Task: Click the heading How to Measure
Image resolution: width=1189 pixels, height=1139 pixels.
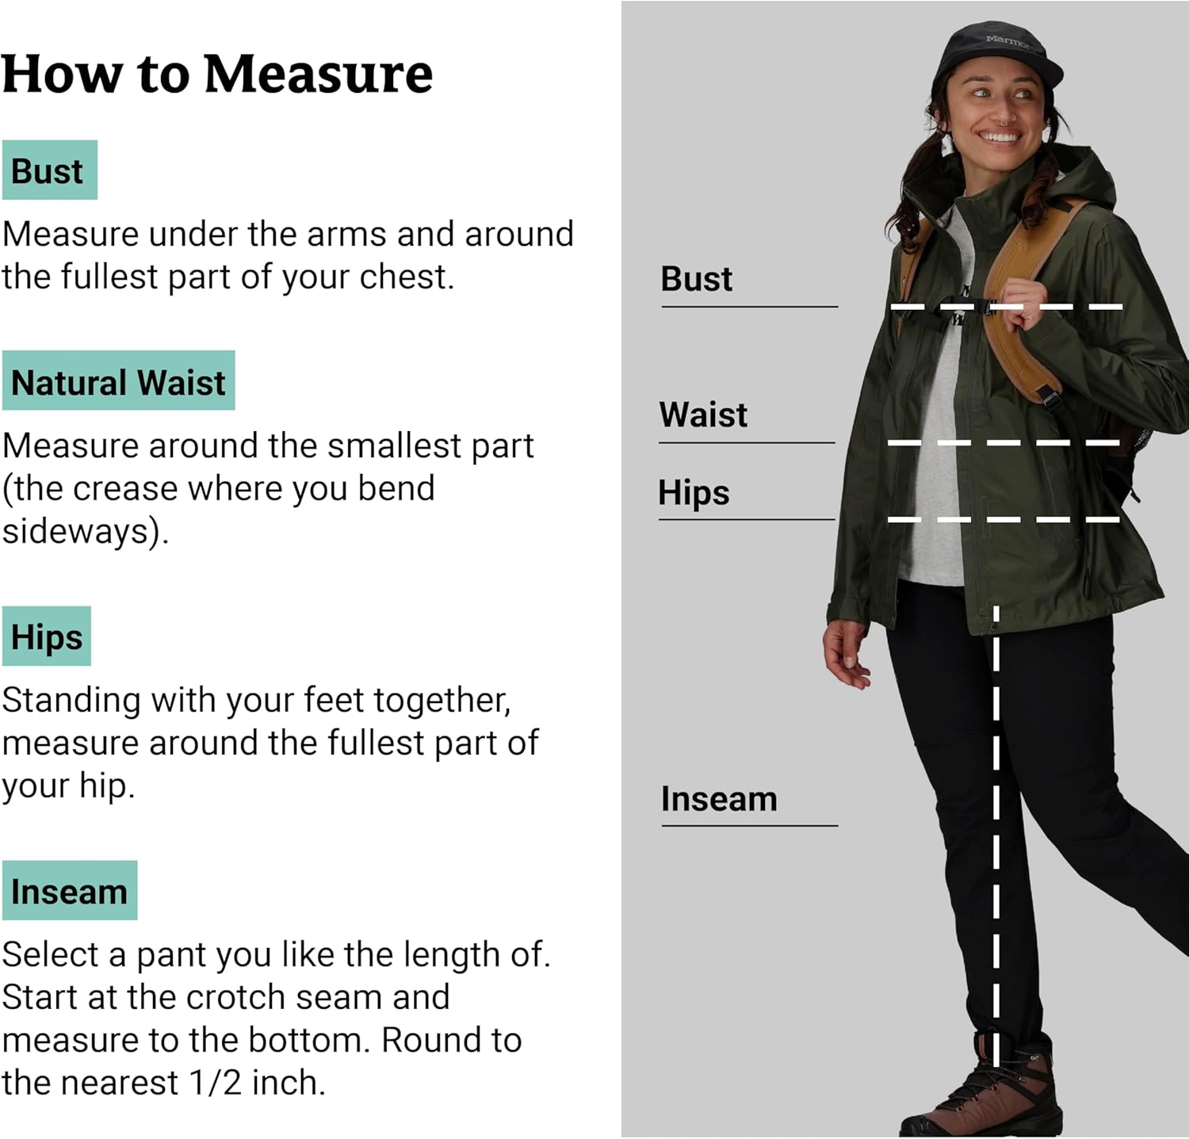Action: (216, 75)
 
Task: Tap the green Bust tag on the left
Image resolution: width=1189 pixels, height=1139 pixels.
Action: (49, 171)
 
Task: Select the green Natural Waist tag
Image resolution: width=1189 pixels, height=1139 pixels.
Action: (118, 382)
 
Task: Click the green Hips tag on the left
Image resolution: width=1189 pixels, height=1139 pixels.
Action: (47, 637)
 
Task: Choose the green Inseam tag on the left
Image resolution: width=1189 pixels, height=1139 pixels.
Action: (69, 892)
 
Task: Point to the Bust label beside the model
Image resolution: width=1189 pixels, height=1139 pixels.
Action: (696, 279)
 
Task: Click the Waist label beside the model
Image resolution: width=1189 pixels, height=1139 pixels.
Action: (702, 415)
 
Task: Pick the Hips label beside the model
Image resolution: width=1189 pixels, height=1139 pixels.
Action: (694, 492)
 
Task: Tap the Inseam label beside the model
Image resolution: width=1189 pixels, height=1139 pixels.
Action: (718, 799)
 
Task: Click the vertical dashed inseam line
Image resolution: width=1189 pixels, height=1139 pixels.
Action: (996, 832)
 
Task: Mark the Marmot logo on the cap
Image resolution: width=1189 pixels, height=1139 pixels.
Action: (1007, 40)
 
